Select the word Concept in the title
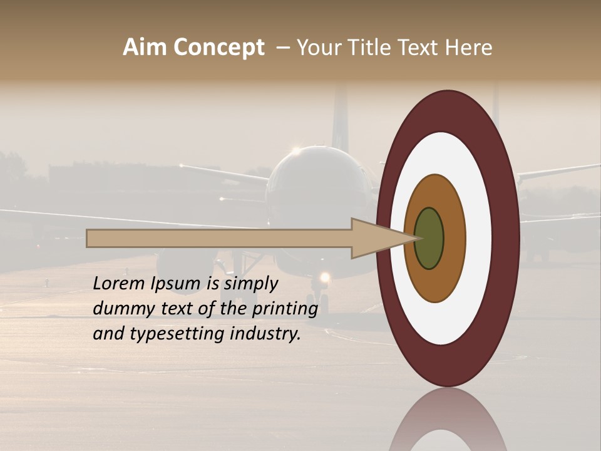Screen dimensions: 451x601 tap(218, 47)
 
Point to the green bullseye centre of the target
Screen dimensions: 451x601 tap(429, 238)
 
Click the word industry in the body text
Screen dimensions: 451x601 tap(265, 333)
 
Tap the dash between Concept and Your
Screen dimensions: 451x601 tap(282, 48)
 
